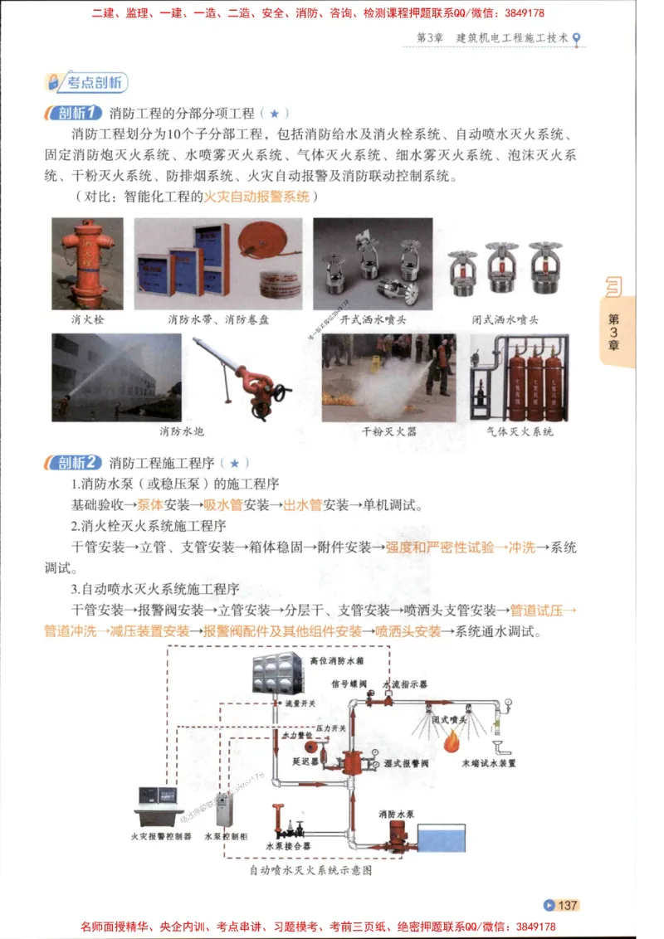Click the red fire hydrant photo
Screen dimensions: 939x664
[87, 262]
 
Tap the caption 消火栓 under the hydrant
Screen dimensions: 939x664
[87, 319]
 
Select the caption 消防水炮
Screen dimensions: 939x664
[182, 432]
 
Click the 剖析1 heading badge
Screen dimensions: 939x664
[75, 113]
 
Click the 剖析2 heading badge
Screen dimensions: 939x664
[75, 463]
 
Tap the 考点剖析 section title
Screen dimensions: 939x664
[86, 82]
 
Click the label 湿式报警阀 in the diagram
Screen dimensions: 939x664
[406, 763]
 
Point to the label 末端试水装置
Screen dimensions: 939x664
[489, 763]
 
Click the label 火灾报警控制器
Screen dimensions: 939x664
[161, 837]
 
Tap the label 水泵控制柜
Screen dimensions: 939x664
[226, 837]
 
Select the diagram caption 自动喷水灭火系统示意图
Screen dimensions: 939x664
[310, 871]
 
